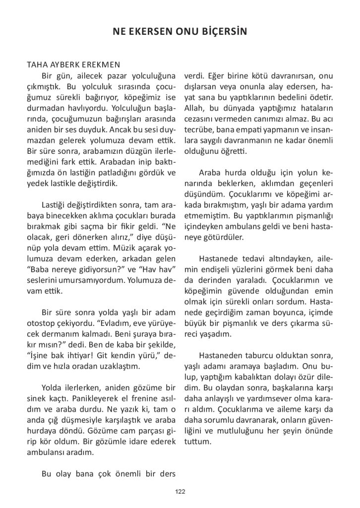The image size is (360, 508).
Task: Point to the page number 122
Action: coord(180,491)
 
